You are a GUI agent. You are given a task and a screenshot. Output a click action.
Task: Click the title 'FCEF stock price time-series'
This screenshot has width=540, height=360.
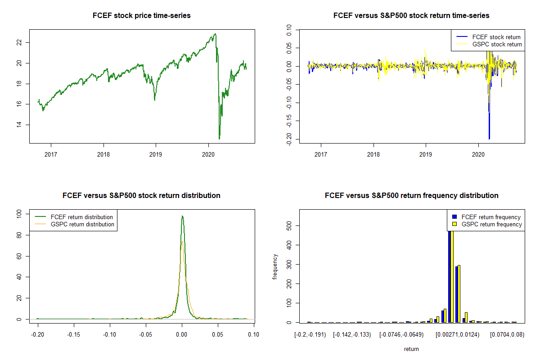[x=141, y=16]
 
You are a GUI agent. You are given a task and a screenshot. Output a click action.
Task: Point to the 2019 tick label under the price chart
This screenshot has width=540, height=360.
[x=156, y=152]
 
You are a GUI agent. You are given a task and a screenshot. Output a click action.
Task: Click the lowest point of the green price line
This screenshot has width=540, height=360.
[x=219, y=139]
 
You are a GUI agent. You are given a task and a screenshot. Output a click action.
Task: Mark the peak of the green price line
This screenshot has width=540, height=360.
[x=216, y=34]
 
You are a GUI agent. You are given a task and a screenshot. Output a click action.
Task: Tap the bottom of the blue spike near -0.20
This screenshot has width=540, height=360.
[x=489, y=139]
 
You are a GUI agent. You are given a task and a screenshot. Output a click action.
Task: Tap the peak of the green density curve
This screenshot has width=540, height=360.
[x=182, y=216]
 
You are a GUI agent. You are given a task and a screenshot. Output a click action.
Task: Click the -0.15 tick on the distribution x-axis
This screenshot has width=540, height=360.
[x=73, y=334]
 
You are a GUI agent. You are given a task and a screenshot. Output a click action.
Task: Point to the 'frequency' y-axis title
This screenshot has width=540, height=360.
[x=275, y=267]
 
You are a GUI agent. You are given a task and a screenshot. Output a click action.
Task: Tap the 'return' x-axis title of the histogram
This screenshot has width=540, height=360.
[x=411, y=349]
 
